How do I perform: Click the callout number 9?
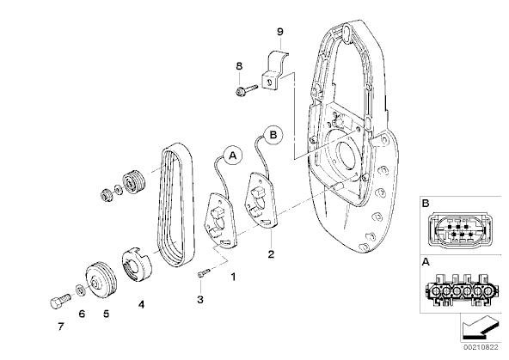pyautogui.click(x=279, y=32)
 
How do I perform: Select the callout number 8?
pyautogui.click(x=239, y=66)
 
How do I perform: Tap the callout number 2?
pyautogui.click(x=271, y=254)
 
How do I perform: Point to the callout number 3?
pyautogui.click(x=200, y=299)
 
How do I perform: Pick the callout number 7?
pyautogui.click(x=61, y=326)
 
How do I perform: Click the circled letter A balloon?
pyautogui.click(x=232, y=156)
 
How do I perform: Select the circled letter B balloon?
pyautogui.click(x=273, y=135)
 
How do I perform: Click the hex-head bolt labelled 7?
pyautogui.click(x=60, y=302)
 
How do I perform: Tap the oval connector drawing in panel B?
pyautogui.click(x=458, y=230)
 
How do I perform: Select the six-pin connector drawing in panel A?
pyautogui.click(x=458, y=290)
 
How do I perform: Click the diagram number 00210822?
pyautogui.click(x=481, y=347)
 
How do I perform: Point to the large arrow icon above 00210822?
pyautogui.click(x=480, y=328)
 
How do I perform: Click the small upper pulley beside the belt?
pyautogui.click(x=134, y=181)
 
